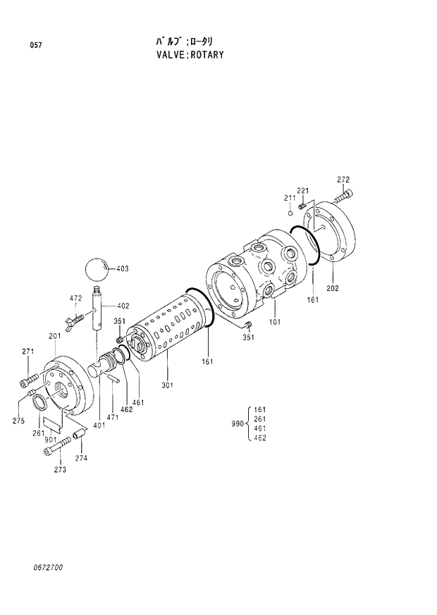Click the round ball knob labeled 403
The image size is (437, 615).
click(97, 269)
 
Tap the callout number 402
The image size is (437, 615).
click(123, 306)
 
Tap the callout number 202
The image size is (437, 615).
click(333, 289)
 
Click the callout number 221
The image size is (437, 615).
click(302, 191)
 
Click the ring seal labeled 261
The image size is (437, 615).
click(41, 402)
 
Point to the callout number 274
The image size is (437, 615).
click(82, 458)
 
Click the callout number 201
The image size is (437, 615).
click(54, 336)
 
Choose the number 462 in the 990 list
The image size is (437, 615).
click(259, 437)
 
